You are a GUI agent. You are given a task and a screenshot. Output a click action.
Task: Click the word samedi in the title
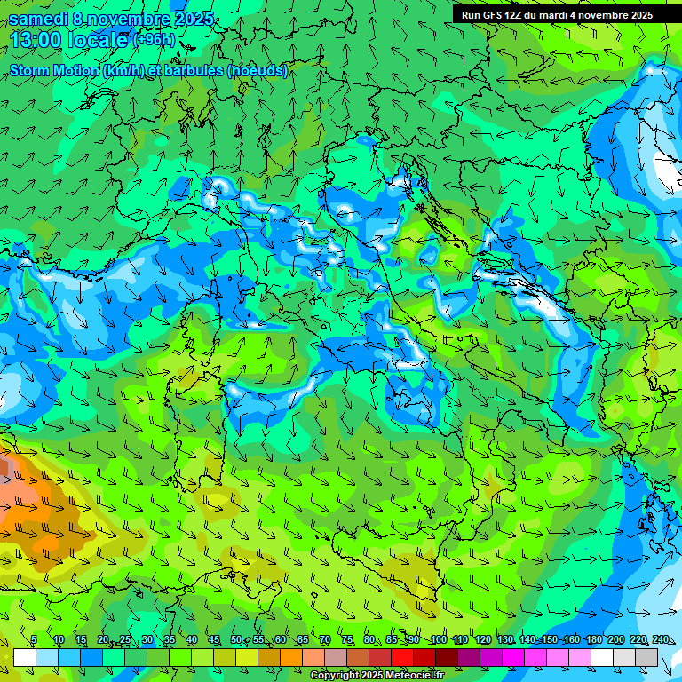[39, 19]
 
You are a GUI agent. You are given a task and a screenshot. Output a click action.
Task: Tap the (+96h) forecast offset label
[154, 40]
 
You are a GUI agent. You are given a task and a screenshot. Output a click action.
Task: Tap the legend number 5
[34, 640]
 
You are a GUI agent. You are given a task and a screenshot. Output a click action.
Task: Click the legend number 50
[235, 640]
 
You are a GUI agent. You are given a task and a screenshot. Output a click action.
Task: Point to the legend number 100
[438, 640]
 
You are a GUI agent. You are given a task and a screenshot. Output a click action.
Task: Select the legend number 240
[661, 640]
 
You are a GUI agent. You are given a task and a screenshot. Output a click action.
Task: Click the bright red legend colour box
[402, 657]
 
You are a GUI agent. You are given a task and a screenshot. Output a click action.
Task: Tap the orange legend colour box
[269, 657]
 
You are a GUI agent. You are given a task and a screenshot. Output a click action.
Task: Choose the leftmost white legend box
[25, 657]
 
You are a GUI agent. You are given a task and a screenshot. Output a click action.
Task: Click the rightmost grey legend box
[646, 657]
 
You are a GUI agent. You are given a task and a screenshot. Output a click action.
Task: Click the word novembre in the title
[131, 19]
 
